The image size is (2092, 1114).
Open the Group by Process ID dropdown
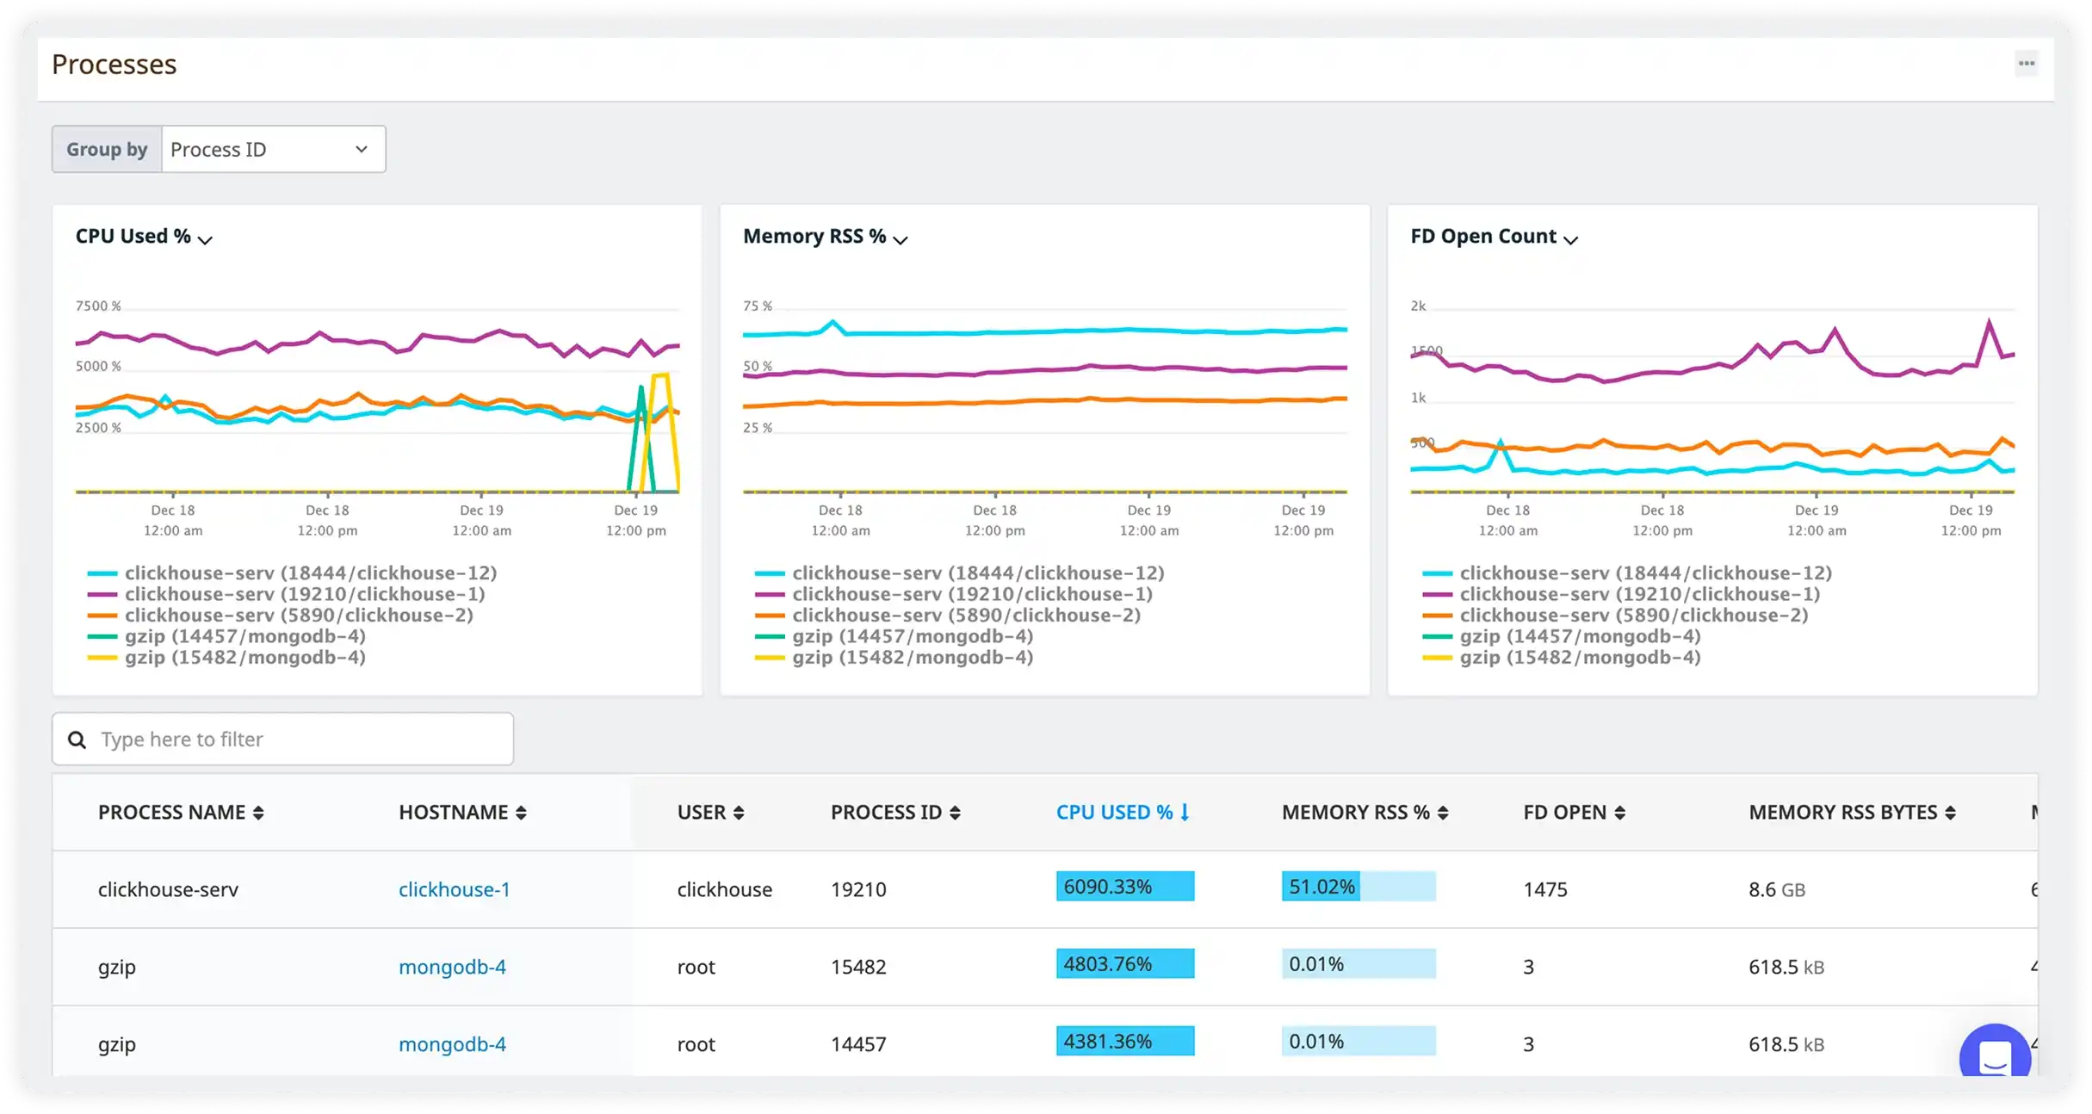tap(273, 150)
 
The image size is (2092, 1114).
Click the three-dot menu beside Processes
tap(2027, 64)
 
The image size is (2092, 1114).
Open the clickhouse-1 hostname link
tap(454, 890)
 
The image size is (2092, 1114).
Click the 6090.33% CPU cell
tap(1124, 887)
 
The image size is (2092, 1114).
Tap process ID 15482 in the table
tap(857, 968)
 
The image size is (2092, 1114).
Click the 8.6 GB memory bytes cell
tap(1776, 890)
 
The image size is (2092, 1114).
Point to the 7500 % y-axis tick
tap(98, 306)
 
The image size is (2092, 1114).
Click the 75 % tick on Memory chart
tap(758, 306)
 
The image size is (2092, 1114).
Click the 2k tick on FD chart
tap(1418, 306)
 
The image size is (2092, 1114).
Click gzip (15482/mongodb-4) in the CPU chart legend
tap(244, 658)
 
